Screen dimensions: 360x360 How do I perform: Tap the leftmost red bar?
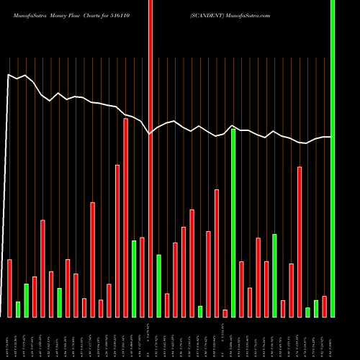tap(9, 288)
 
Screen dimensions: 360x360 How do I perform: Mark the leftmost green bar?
tap(18, 310)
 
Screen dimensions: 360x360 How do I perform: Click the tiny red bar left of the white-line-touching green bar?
tap(225, 313)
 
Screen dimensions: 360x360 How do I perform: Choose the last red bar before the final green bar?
tap(324, 306)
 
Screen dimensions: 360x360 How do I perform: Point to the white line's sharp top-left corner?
tap(9, 74)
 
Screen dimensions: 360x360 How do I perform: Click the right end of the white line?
tap(331, 137)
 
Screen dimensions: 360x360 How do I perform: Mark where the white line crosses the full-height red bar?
tap(150, 133)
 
